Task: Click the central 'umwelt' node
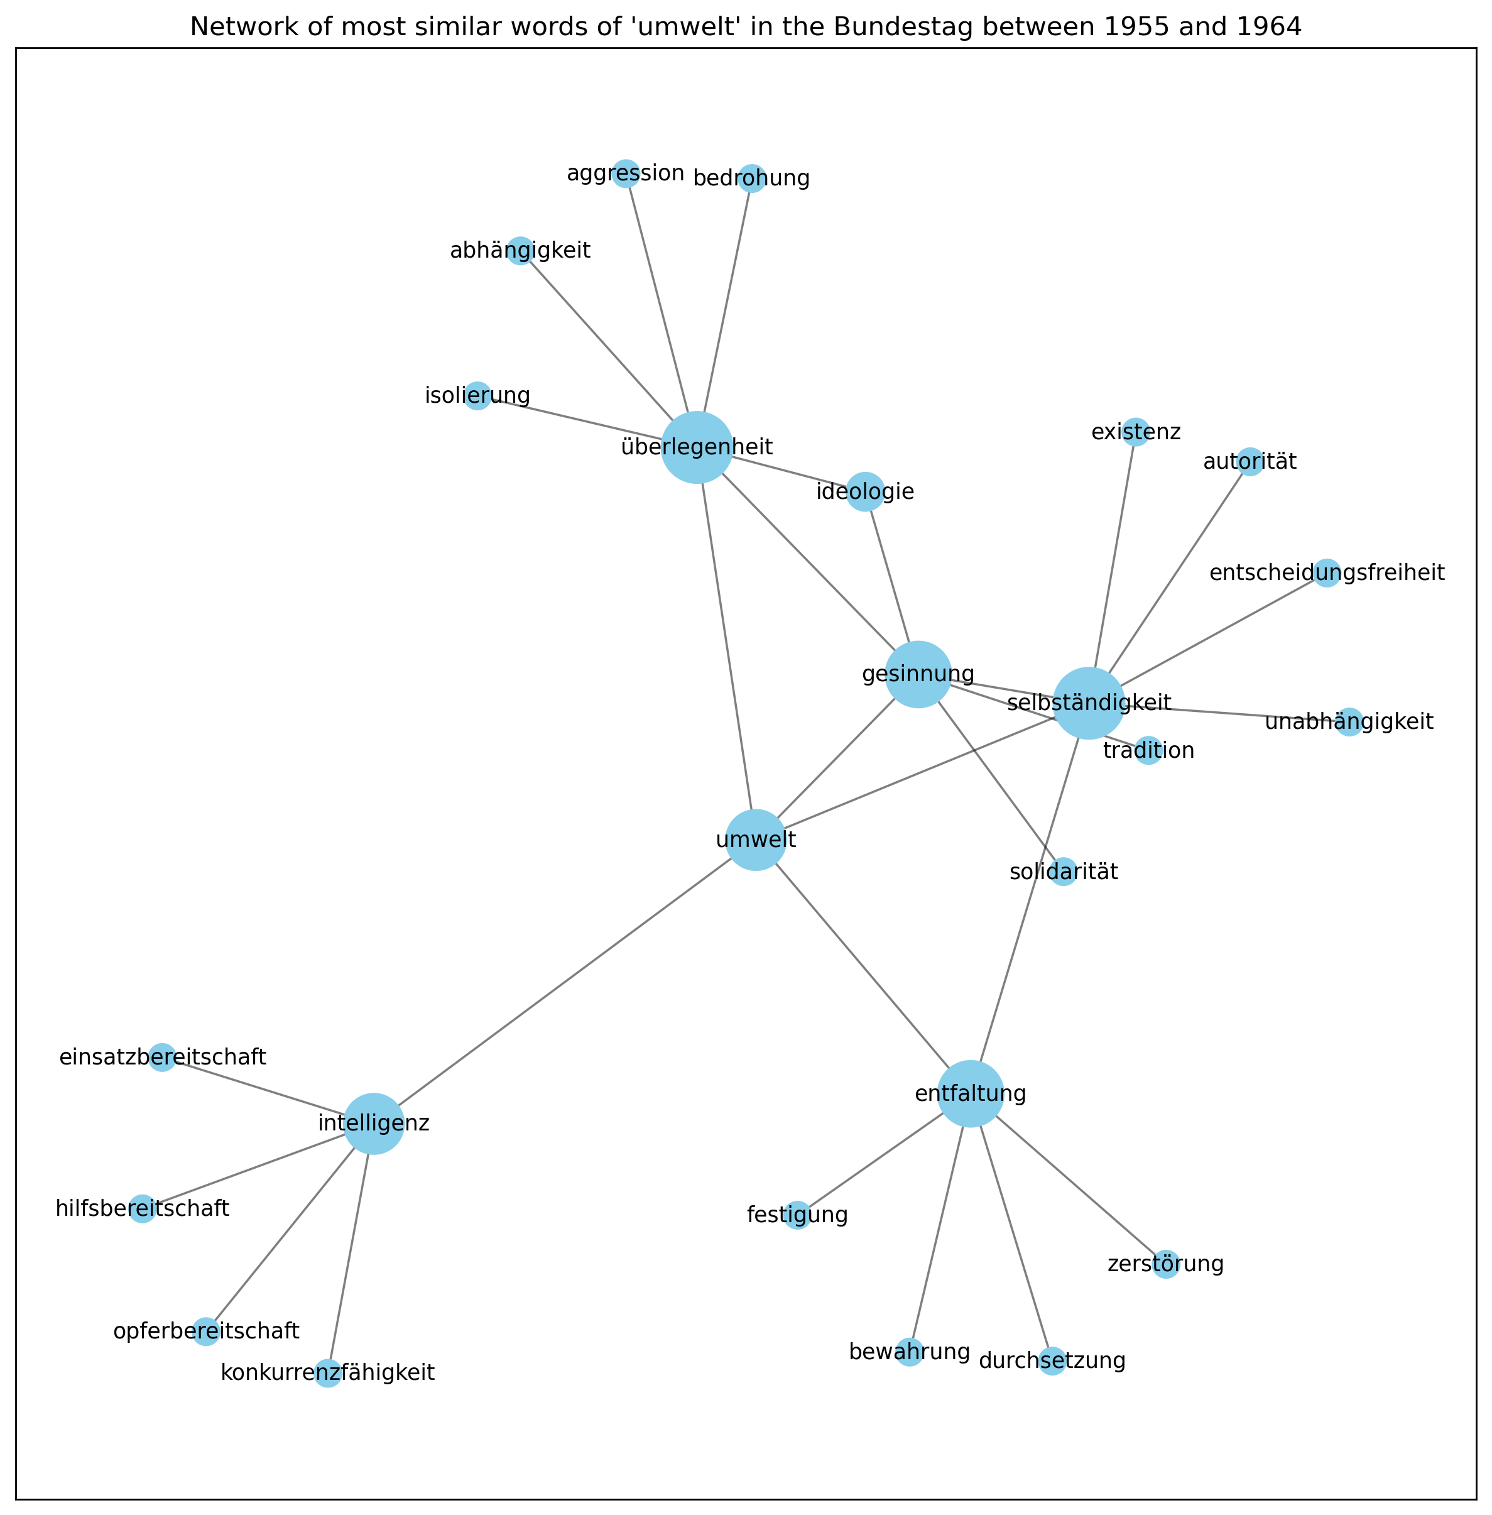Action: click(755, 840)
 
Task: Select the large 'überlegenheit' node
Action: click(697, 447)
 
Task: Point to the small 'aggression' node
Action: click(625, 173)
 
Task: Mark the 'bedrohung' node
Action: click(751, 178)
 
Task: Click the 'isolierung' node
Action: click(477, 396)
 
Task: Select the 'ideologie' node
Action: click(865, 492)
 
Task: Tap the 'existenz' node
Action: click(1135, 432)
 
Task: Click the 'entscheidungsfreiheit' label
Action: click(1327, 574)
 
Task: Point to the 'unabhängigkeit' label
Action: click(1349, 722)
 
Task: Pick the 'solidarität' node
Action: click(1064, 872)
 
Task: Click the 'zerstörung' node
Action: click(1166, 1264)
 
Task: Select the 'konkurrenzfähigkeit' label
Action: click(327, 1372)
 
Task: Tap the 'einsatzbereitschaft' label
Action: click(163, 1058)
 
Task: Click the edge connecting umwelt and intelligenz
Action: click(564, 982)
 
